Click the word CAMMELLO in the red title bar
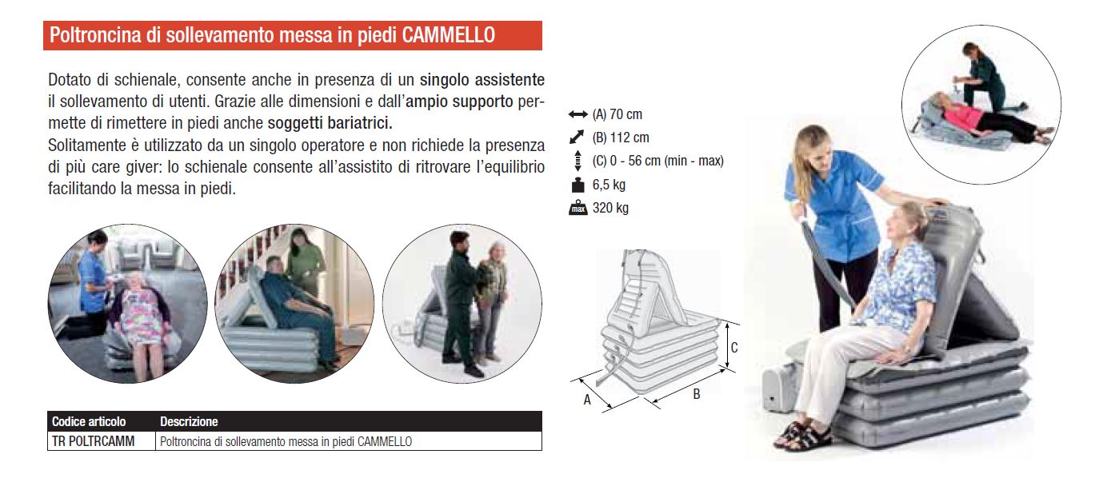point(448,35)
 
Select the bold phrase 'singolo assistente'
point(482,80)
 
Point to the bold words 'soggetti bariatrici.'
point(330,123)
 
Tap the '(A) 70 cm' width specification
point(617,114)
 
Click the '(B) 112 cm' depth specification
point(621,137)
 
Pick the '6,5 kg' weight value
point(609,185)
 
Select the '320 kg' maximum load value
point(610,208)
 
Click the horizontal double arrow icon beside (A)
point(577,115)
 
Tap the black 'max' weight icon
point(577,208)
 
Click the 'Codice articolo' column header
point(89,421)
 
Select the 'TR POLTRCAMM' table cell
point(93,441)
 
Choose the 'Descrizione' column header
point(189,421)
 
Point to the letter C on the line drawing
point(734,348)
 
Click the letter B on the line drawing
point(696,394)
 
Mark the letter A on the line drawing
point(587,400)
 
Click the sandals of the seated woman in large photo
point(801,435)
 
